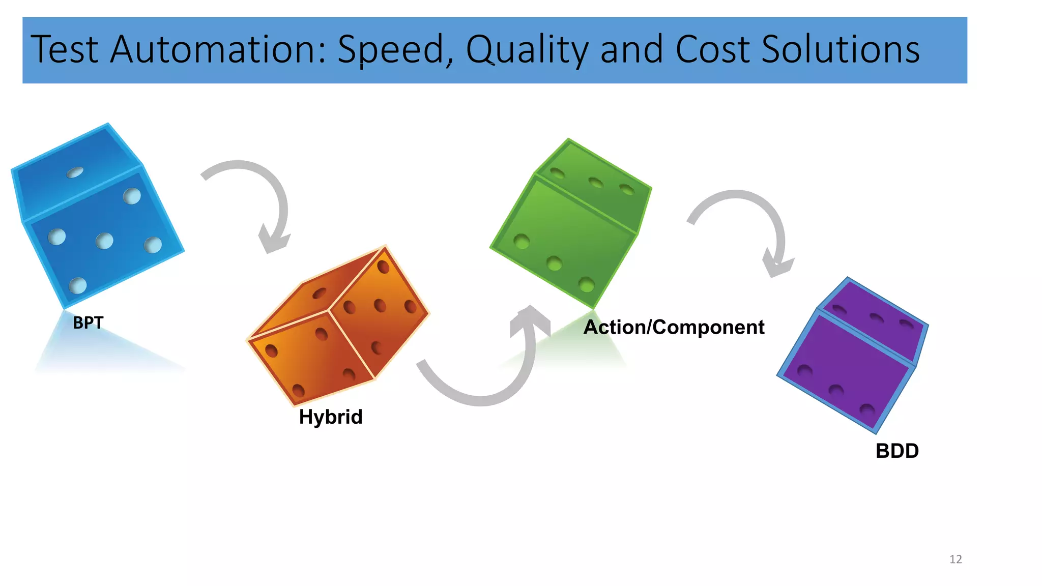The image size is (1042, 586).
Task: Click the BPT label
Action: tap(88, 323)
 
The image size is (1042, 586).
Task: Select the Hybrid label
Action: tap(331, 417)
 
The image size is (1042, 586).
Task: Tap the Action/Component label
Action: tap(674, 327)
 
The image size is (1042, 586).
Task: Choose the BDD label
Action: tap(897, 451)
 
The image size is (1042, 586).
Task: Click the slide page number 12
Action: tap(956, 560)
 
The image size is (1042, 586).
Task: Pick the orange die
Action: tap(338, 326)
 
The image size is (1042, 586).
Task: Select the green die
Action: tap(570, 224)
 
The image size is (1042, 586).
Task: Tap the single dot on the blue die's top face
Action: tap(75, 172)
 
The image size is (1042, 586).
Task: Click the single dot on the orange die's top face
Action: tap(320, 293)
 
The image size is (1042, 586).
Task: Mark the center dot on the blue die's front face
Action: tap(104, 241)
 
